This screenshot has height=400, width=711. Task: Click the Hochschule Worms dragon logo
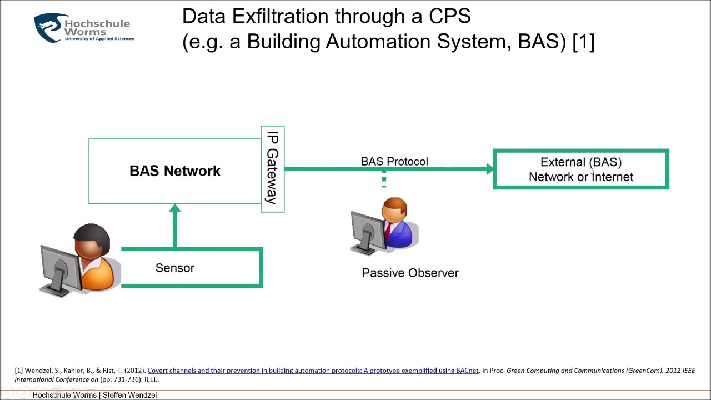[48, 28]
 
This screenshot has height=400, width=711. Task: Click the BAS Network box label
[174, 171]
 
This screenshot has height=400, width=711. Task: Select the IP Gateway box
[273, 169]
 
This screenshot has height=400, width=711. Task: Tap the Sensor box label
[175, 268]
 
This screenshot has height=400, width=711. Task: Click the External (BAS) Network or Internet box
[580, 169]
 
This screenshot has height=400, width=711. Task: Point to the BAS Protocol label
[394, 162]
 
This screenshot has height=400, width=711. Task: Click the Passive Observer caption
[410, 273]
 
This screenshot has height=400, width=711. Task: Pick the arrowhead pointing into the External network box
[489, 169]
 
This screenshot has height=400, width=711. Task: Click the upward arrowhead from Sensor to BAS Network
[175, 209]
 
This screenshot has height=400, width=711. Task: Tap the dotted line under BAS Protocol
[384, 179]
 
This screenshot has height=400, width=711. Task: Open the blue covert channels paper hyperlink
[313, 371]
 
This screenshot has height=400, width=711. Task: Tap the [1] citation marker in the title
[583, 42]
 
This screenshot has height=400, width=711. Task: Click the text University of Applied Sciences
[99, 39]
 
